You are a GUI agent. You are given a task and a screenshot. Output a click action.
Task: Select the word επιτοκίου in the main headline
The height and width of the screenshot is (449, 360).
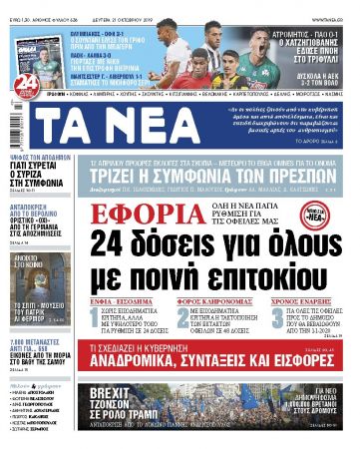(x=253, y=257)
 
